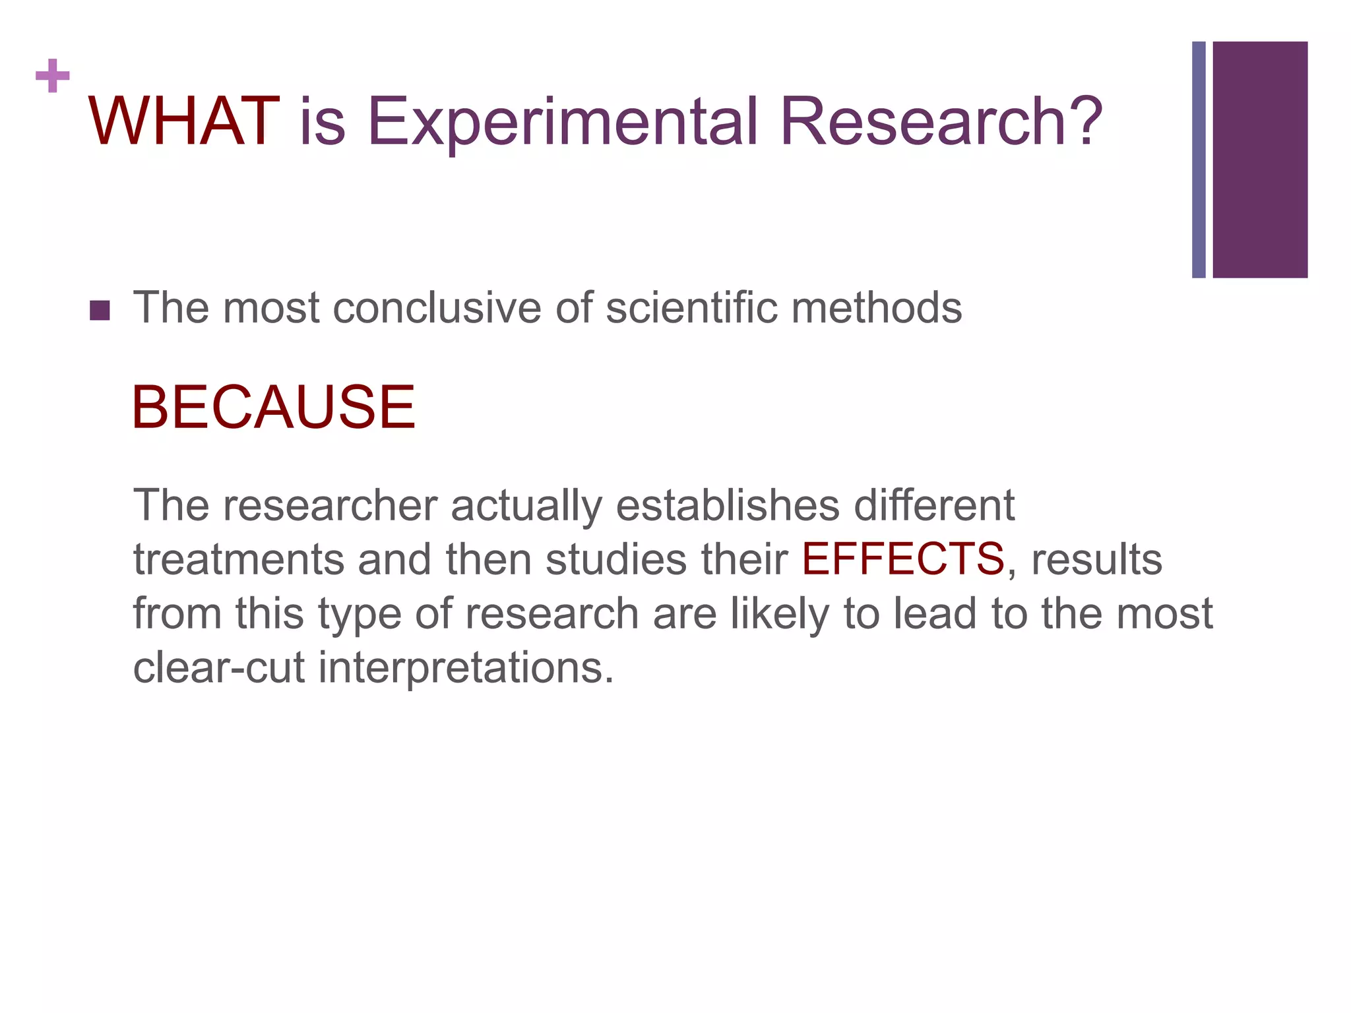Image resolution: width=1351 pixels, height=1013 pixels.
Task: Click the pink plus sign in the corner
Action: click(53, 77)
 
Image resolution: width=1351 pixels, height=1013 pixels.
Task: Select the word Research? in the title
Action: click(941, 122)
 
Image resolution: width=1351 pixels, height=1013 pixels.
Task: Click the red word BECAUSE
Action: click(273, 407)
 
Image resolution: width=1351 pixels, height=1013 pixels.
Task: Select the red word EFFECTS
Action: click(902, 559)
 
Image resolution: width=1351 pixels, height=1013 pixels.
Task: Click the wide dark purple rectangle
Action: click(1260, 160)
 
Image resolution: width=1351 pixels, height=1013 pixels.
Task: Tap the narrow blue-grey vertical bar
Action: click(1199, 160)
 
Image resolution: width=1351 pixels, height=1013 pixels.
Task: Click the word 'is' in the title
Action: click(323, 122)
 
